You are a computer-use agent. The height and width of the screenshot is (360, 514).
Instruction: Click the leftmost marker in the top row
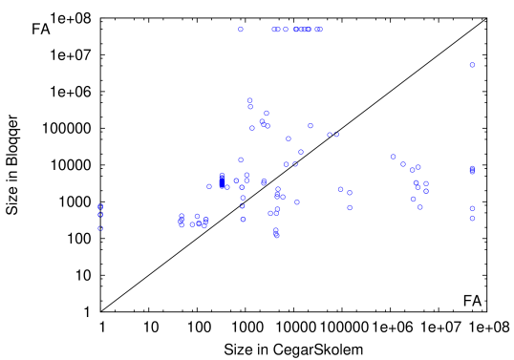click(x=241, y=29)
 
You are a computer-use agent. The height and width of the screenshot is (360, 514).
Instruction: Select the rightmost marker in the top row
click(x=319, y=29)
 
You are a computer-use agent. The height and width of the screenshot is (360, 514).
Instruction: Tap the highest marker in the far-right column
click(x=472, y=65)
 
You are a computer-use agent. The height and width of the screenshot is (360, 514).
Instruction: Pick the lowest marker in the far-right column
click(x=472, y=218)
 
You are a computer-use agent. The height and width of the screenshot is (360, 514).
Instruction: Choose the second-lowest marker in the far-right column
click(x=472, y=208)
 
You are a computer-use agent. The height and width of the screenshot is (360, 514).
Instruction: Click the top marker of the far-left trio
click(x=100, y=206)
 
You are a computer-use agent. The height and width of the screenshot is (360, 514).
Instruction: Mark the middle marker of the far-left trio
click(x=100, y=215)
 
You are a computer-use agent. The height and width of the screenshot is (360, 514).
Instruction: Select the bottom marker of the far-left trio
click(x=100, y=228)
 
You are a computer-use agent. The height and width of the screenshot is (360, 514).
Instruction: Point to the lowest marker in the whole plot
click(x=276, y=235)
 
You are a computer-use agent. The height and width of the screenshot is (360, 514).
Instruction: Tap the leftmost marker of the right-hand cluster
click(x=393, y=157)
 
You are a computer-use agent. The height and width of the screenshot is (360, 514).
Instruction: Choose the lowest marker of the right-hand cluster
click(x=420, y=207)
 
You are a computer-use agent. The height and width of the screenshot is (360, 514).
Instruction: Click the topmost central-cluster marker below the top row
click(x=250, y=99)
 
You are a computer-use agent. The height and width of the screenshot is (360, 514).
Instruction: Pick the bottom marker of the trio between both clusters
click(x=350, y=207)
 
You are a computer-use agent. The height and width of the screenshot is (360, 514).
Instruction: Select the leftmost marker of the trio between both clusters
click(x=340, y=189)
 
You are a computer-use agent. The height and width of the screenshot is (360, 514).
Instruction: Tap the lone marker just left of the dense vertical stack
click(x=209, y=186)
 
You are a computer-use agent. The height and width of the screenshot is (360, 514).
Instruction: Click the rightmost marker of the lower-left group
click(x=206, y=220)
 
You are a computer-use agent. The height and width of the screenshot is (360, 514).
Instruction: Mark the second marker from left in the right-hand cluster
click(x=403, y=164)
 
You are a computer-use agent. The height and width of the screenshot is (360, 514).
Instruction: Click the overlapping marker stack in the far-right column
click(x=472, y=170)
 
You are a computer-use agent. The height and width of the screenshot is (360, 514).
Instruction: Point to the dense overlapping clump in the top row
click(x=303, y=29)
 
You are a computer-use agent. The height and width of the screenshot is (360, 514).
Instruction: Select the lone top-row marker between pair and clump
click(x=286, y=29)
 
